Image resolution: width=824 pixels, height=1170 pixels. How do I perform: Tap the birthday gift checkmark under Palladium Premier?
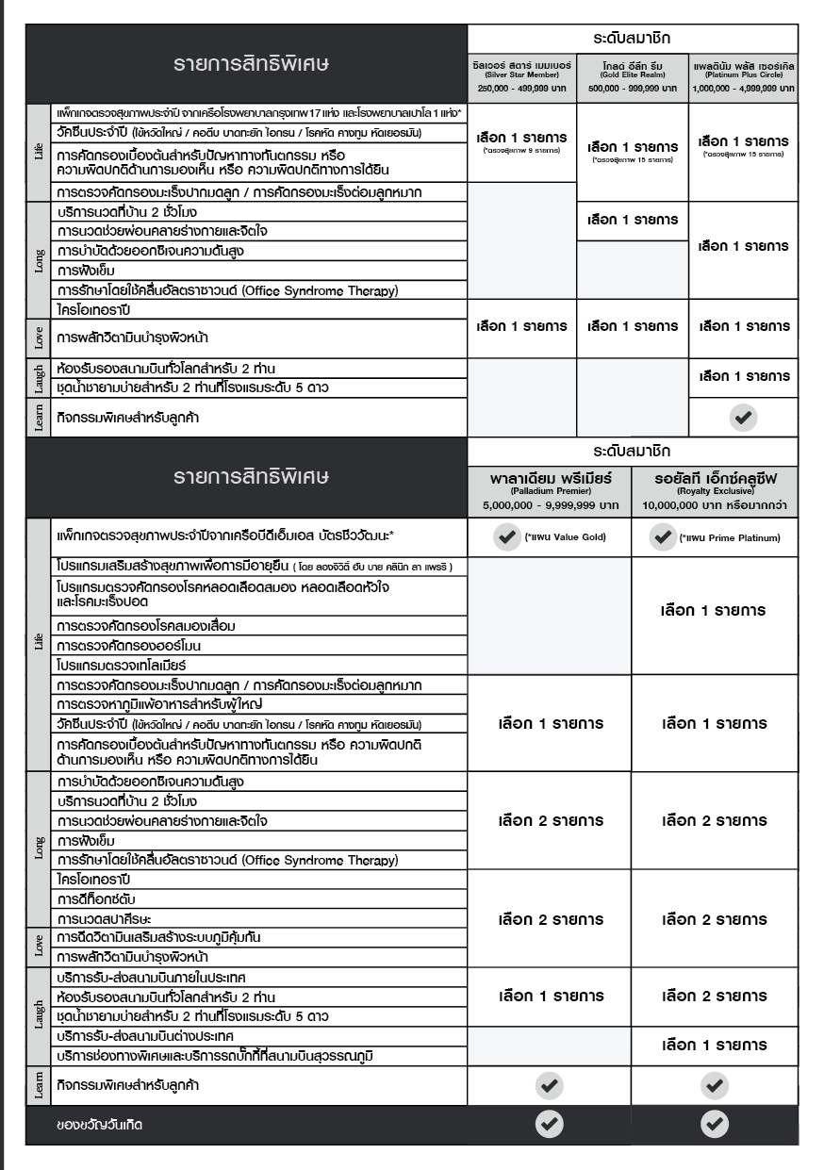(x=549, y=1123)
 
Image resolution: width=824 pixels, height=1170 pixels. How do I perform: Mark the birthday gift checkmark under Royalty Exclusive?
(x=714, y=1123)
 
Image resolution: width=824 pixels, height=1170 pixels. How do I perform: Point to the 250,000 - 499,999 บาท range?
(x=520, y=87)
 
